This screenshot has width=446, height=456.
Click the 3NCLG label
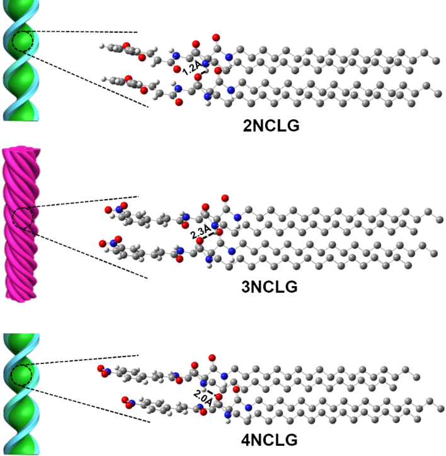273,287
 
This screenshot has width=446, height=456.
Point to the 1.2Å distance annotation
192,69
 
